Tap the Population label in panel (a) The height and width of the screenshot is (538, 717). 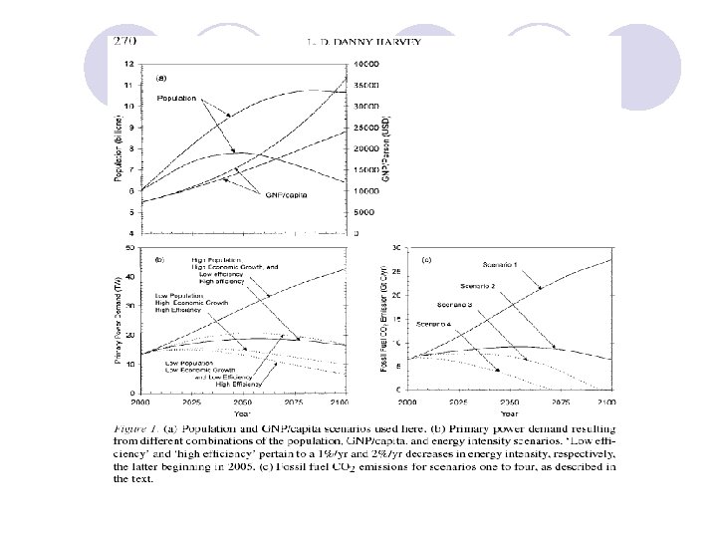coord(177,99)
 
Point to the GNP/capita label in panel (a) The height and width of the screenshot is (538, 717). coord(283,194)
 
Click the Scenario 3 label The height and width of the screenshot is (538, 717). coord(465,303)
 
